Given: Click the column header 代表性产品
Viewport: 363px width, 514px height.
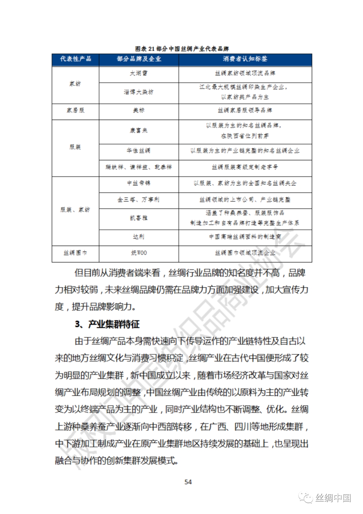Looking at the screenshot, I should pyautogui.click(x=76, y=59).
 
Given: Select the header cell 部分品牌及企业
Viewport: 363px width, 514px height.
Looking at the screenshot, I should pyautogui.click(x=139, y=59).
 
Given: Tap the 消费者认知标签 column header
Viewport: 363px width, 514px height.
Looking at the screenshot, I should pyautogui.click(x=245, y=59).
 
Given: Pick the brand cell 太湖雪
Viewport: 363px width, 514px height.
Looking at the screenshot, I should pyautogui.click(x=139, y=73).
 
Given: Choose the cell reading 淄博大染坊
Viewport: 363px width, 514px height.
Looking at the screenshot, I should pyautogui.click(x=139, y=92).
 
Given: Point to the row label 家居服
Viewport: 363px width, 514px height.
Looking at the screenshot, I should pyautogui.click(x=76, y=110).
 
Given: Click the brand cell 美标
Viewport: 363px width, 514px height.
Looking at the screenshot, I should pyautogui.click(x=139, y=110).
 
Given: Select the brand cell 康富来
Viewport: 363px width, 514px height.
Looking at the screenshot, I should pyautogui.click(x=139, y=131).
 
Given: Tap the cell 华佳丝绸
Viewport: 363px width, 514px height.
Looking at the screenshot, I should pyautogui.click(x=139, y=150).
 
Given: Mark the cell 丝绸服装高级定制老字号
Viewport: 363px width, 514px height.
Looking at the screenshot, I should pyautogui.click(x=245, y=167).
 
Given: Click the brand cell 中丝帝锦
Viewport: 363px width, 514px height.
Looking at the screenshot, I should pyautogui.click(x=139, y=183).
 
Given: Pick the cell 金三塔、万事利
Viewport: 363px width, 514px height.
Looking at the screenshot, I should pyautogui.click(x=139, y=199).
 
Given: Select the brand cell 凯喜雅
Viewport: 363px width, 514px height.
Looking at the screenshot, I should pyautogui.click(x=139, y=218).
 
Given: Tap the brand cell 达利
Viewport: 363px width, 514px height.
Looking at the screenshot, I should pyautogui.click(x=139, y=237).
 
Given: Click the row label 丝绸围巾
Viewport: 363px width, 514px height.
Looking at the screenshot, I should pyautogui.click(x=76, y=253).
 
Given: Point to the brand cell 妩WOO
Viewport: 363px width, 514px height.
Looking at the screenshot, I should pyautogui.click(x=139, y=253).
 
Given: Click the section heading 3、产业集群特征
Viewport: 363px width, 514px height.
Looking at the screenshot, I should pyautogui.click(x=107, y=324).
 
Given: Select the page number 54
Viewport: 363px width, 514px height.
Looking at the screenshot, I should pyautogui.click(x=188, y=482).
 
